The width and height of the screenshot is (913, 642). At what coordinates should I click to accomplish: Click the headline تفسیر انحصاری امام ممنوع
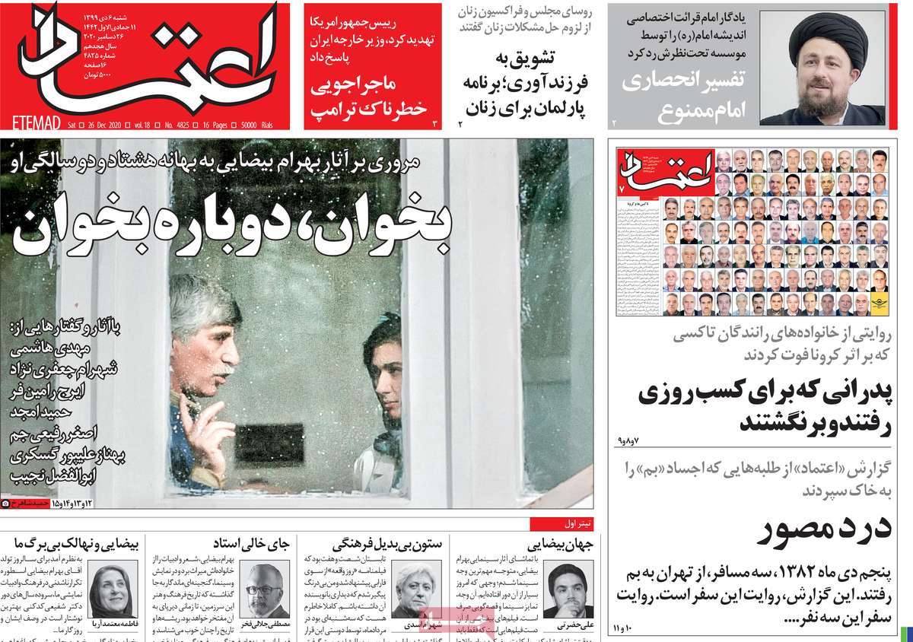pyautogui.click(x=685, y=95)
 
